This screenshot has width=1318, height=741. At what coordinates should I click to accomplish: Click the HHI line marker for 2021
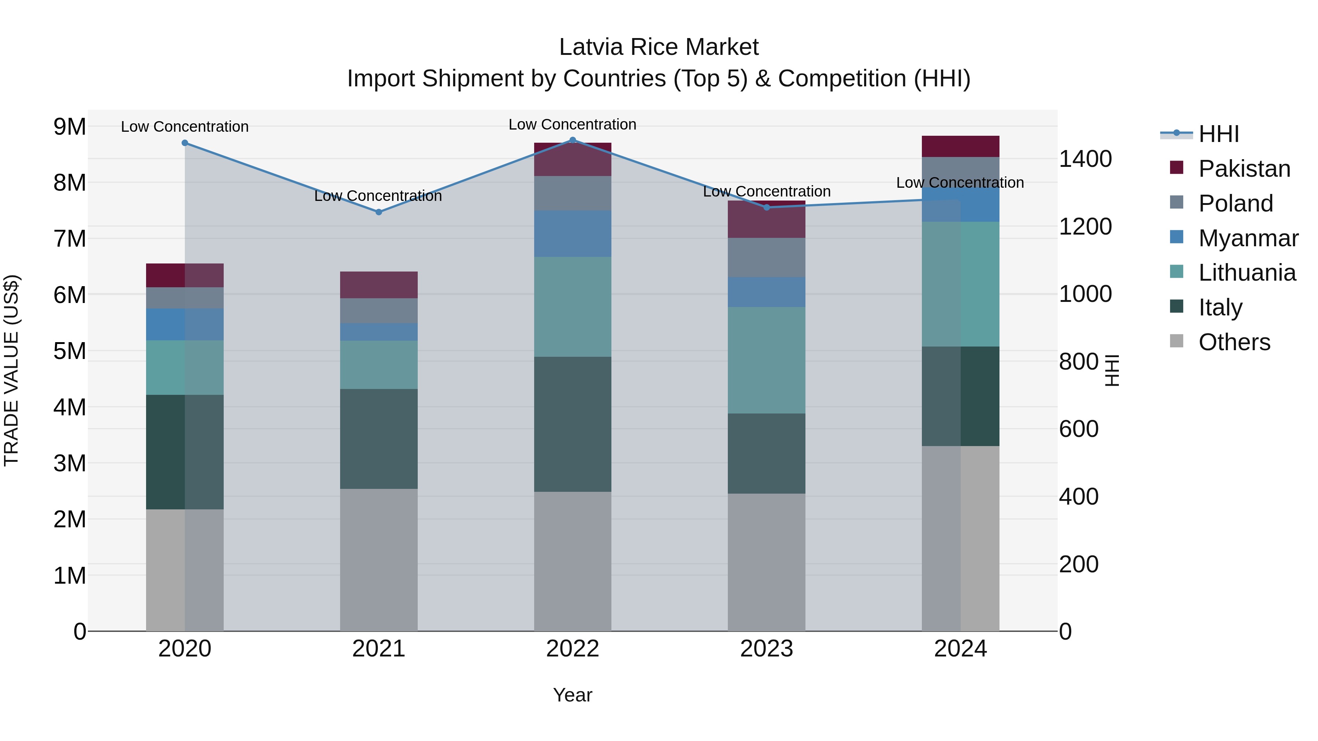pyautogui.click(x=379, y=212)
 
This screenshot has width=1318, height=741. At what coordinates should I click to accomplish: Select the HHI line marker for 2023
pyautogui.click(x=766, y=207)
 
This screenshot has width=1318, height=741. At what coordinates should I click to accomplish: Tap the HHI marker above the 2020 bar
pyautogui.click(x=185, y=143)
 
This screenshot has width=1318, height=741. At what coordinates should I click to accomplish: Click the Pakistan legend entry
pyautogui.click(x=1244, y=169)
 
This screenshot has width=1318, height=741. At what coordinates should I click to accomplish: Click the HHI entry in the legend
pyautogui.click(x=1218, y=134)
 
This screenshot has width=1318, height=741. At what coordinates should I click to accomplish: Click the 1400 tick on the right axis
pyautogui.click(x=1085, y=159)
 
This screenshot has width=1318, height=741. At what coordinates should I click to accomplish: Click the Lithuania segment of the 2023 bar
pyautogui.click(x=766, y=360)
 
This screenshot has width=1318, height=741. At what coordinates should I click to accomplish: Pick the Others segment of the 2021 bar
pyautogui.click(x=379, y=560)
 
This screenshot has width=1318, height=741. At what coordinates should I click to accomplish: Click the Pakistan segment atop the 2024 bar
pyautogui.click(x=960, y=146)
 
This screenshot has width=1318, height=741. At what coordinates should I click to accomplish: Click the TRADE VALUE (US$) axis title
pyautogui.click(x=11, y=370)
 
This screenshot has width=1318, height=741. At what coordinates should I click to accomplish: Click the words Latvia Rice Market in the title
pyautogui.click(x=659, y=47)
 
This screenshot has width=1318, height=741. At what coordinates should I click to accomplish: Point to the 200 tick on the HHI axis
pyautogui.click(x=1078, y=565)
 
